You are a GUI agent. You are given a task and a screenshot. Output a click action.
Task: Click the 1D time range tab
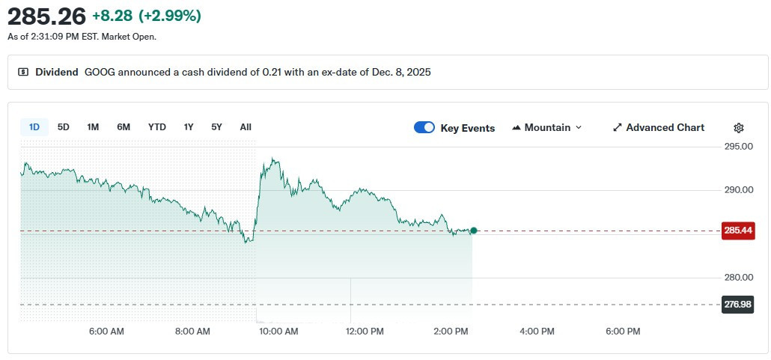(x=34, y=127)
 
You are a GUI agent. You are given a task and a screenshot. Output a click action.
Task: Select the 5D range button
(x=64, y=127)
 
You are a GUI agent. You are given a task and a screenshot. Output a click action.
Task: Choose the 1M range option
(x=93, y=127)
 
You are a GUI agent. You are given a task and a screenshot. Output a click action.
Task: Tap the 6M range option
(x=124, y=127)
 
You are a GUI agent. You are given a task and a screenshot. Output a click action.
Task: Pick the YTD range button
(x=157, y=127)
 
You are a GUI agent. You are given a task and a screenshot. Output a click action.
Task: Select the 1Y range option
(x=189, y=127)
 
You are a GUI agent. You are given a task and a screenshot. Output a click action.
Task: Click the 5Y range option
(x=216, y=127)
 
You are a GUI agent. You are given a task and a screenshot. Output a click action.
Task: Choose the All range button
(x=246, y=127)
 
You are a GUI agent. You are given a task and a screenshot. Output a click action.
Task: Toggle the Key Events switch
(x=424, y=128)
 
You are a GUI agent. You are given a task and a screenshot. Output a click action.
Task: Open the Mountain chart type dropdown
(x=546, y=128)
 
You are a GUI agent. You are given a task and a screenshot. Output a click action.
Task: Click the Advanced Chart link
(x=658, y=128)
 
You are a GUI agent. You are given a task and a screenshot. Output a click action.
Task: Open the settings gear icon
(x=739, y=128)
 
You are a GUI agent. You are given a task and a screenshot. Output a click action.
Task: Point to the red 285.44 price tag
(x=738, y=231)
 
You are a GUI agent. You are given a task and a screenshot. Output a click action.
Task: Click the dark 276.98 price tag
(x=738, y=305)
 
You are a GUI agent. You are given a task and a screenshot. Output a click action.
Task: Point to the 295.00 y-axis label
(x=739, y=147)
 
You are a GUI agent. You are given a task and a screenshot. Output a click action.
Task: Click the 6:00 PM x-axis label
(x=623, y=331)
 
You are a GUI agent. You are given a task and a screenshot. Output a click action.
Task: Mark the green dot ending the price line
(x=473, y=231)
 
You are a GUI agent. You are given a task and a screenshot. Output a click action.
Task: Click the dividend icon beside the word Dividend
(x=23, y=73)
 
